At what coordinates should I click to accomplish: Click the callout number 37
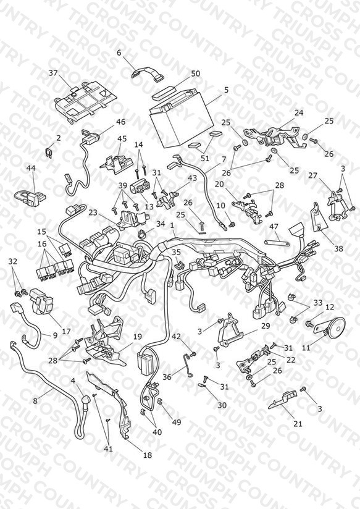coord(53,73)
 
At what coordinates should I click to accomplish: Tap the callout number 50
coord(195,74)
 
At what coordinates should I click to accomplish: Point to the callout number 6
coord(119,53)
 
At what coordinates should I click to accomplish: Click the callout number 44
coord(31,168)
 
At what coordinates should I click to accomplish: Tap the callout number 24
coord(299,112)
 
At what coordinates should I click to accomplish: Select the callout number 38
coord(338,248)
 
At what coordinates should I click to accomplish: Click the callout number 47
coord(274,227)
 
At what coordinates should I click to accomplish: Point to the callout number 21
coord(298,423)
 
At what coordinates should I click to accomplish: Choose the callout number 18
coord(148,455)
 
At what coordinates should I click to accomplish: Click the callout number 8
coord(35,401)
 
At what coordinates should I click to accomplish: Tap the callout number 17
coord(66,332)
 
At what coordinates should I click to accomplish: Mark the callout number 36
coord(167,377)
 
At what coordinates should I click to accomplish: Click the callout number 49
coord(177,422)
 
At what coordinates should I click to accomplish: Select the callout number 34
coord(161,224)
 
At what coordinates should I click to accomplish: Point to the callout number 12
coord(330,307)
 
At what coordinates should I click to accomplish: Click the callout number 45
coord(122,138)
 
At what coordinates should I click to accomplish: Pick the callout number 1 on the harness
coord(172,225)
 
